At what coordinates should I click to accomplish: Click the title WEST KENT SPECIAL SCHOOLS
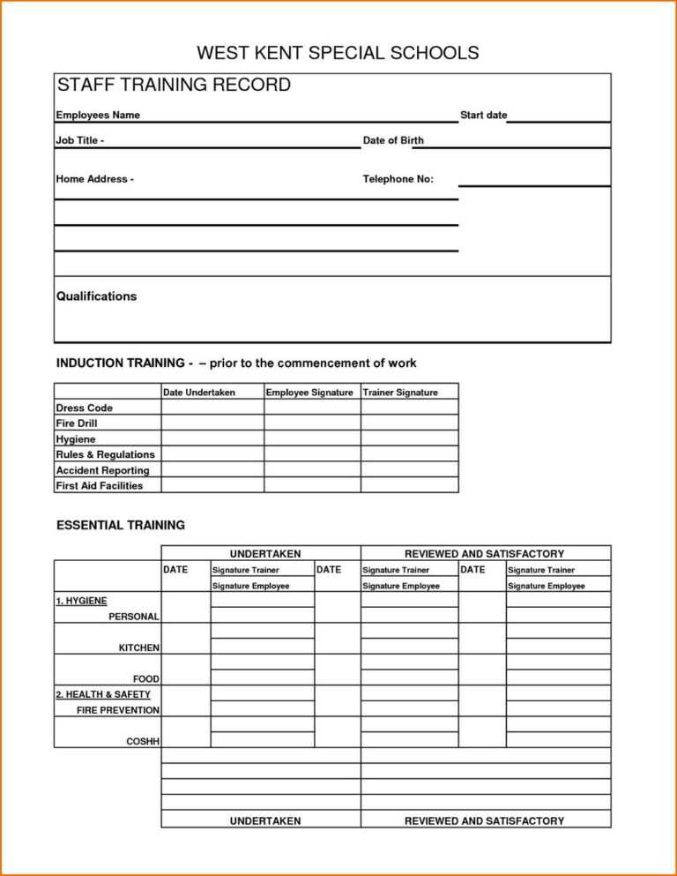point(338,53)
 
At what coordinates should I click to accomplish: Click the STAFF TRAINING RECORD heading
point(174,86)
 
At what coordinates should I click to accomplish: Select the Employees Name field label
point(98,116)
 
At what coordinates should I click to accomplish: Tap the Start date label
point(483,116)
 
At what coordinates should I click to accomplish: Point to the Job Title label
point(80,141)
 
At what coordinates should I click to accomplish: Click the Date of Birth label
point(393,141)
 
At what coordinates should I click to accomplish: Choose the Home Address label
point(95,179)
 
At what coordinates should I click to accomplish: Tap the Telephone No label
point(398,179)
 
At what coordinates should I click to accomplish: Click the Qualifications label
point(97,296)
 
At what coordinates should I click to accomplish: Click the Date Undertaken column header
point(199,393)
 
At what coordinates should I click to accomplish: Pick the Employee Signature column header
point(309,393)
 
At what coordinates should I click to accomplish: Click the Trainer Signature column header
point(400,393)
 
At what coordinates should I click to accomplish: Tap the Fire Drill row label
point(76,423)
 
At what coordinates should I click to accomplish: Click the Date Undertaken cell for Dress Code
point(212,408)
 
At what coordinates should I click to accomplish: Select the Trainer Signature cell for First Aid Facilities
point(409,485)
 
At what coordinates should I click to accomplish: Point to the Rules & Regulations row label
point(105,454)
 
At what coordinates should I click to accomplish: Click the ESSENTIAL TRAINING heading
point(121,525)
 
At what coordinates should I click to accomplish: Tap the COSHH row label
point(143,741)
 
